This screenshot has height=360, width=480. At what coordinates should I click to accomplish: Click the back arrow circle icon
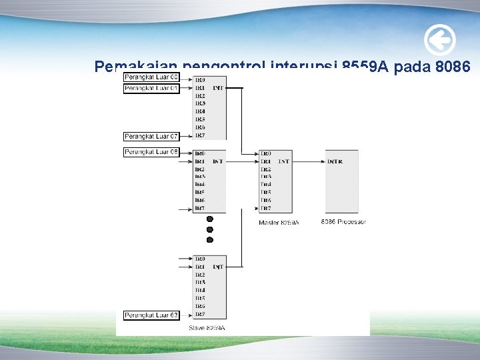(x=440, y=41)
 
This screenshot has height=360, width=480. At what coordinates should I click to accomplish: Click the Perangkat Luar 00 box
(x=151, y=78)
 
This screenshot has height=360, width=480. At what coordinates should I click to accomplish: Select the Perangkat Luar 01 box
(x=151, y=88)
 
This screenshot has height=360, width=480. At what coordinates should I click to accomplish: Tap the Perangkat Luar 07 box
(x=151, y=136)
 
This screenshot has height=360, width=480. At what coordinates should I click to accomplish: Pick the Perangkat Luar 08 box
(x=151, y=152)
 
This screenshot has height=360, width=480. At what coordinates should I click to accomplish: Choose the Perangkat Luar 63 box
(x=151, y=315)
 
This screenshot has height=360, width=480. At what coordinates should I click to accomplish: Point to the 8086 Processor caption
(x=343, y=221)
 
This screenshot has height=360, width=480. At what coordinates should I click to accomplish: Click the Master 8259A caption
(x=279, y=222)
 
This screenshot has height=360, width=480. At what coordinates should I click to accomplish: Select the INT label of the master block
(x=284, y=161)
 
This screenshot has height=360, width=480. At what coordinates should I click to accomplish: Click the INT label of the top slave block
(x=218, y=88)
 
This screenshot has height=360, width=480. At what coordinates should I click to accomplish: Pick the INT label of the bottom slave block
(x=218, y=267)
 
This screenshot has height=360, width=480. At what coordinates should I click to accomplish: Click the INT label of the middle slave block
(x=218, y=161)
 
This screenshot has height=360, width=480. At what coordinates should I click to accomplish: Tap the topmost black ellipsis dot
(x=209, y=219)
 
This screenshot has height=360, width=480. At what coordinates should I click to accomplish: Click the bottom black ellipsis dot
(x=209, y=239)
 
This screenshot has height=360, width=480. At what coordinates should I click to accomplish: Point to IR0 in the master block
(x=265, y=153)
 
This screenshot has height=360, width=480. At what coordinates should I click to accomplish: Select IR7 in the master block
(x=265, y=208)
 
